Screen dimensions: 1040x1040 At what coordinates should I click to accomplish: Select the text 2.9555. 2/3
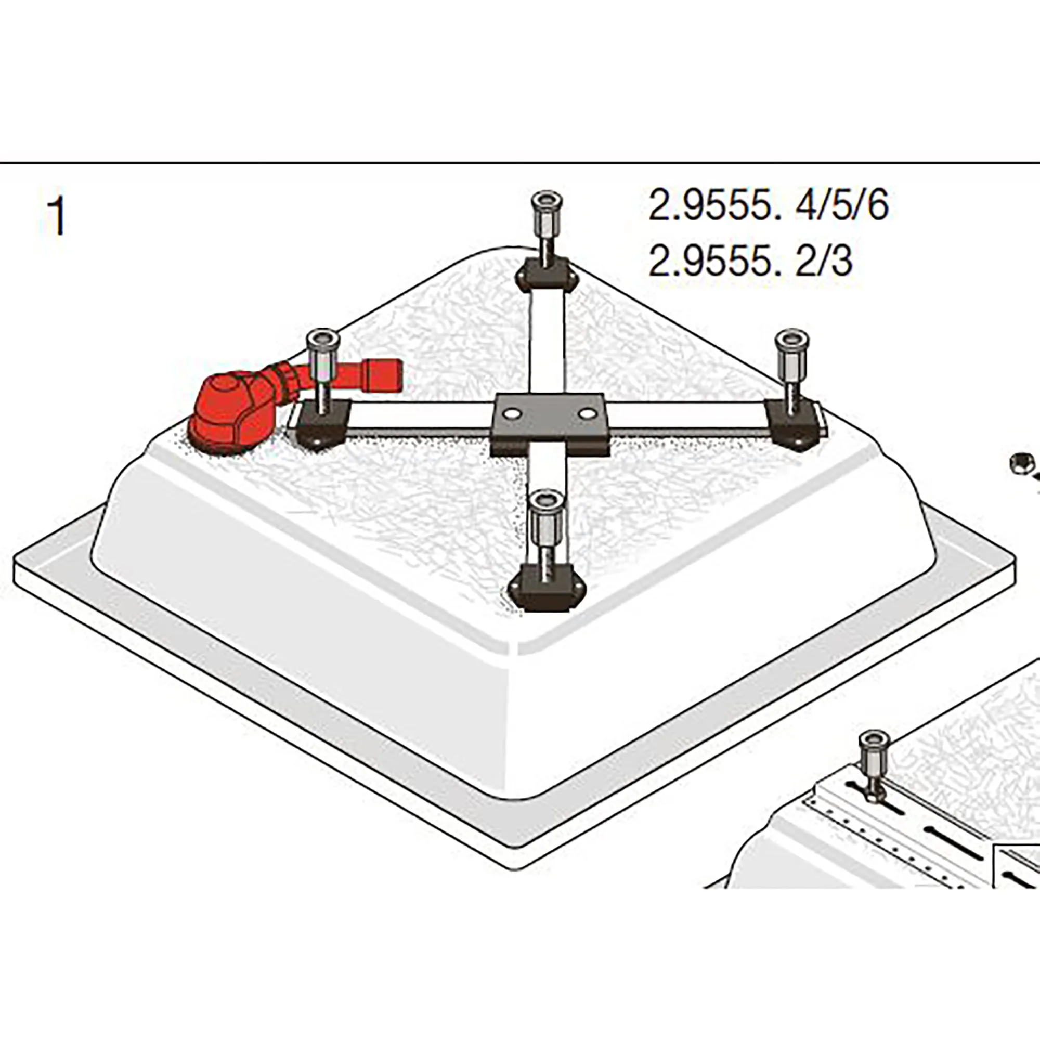pos(751,262)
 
